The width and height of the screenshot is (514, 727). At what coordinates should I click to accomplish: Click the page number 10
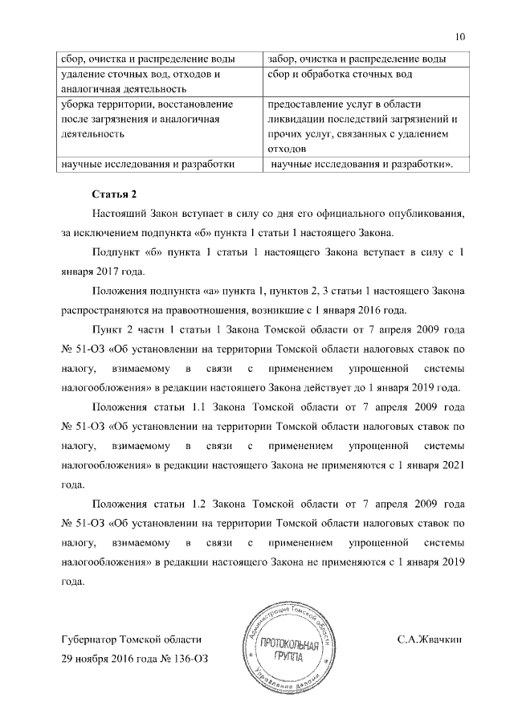tap(459, 37)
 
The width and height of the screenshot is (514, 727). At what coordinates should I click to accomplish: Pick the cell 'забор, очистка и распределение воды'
tap(357, 59)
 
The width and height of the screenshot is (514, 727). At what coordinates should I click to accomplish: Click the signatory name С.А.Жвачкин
tap(430, 640)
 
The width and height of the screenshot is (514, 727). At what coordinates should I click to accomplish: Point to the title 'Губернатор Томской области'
tap(131, 640)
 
